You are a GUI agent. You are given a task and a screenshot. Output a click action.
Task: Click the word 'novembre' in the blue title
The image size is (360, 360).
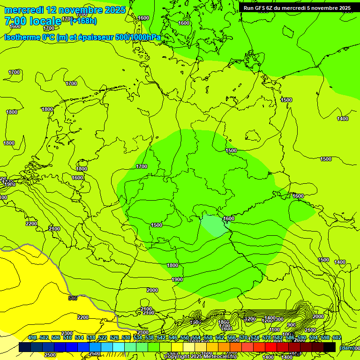click(75, 10)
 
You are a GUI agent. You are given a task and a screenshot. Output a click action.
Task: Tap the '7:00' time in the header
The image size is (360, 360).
click(15, 21)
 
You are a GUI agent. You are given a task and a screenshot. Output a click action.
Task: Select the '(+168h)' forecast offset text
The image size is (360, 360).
click(83, 21)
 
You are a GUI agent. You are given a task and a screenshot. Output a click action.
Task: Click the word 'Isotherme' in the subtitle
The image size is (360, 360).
click(22, 37)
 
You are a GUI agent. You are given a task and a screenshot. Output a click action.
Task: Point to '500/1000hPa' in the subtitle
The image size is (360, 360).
click(138, 37)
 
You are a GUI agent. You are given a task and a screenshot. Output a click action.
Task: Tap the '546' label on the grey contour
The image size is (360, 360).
click(73, 298)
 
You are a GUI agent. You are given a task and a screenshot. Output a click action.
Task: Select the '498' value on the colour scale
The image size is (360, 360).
click(32, 337)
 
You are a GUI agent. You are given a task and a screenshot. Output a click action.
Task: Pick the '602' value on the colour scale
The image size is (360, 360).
click(337, 337)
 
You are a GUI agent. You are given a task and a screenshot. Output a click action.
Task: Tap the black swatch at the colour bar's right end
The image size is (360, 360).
click(330, 347)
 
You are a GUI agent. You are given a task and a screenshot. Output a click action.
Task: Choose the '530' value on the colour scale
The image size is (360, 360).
click(126, 337)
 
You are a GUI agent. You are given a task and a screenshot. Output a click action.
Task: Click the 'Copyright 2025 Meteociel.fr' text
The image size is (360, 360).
click(200, 356)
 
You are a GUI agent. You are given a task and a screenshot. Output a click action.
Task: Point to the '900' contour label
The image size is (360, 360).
click(291, 325)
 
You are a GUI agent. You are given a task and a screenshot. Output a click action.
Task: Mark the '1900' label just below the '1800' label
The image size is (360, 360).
click(177, 279)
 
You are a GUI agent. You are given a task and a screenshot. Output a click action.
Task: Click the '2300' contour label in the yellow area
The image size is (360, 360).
click(67, 333)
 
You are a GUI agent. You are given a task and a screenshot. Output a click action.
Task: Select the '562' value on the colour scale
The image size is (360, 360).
click(220, 337)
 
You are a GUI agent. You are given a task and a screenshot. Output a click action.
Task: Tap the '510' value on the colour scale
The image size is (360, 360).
click(67, 337)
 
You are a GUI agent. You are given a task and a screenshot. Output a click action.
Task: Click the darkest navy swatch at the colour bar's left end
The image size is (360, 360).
click(25, 347)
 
